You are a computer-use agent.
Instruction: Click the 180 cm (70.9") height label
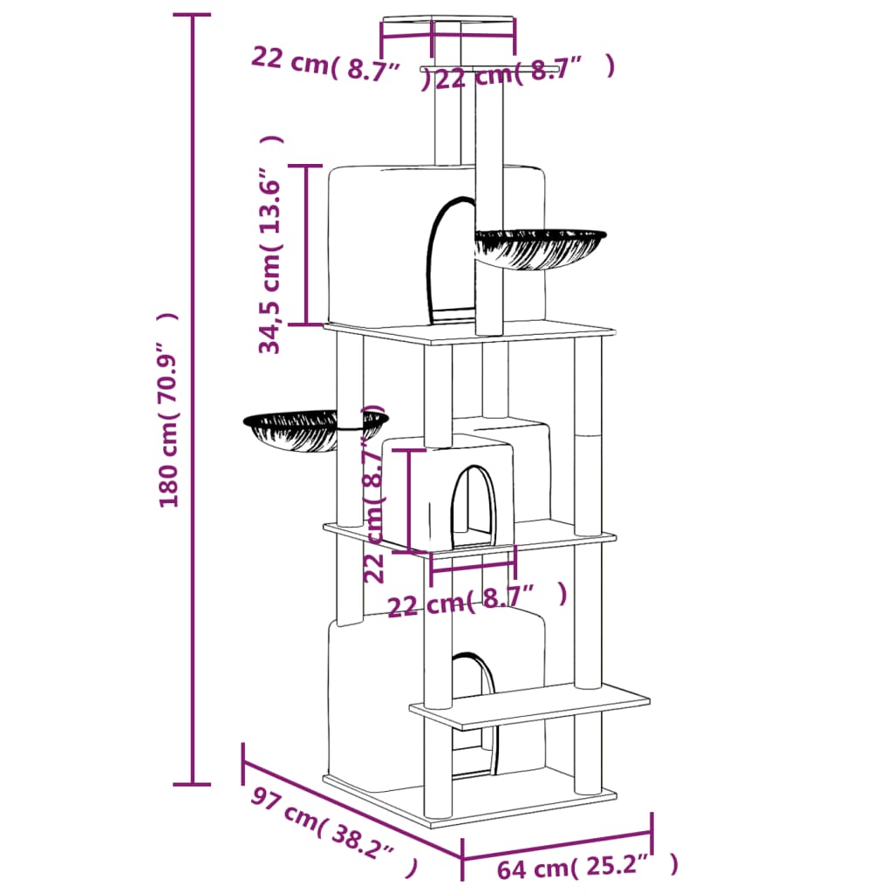[x=168, y=410]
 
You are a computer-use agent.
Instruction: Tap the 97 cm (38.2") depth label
[x=334, y=832]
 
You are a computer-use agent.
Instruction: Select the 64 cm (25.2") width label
[x=587, y=866]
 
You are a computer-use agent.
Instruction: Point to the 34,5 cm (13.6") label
[x=270, y=245]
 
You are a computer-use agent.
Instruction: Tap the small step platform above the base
[x=529, y=706]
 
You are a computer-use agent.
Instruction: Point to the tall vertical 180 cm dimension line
[x=192, y=399]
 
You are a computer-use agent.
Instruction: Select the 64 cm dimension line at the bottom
[x=557, y=846]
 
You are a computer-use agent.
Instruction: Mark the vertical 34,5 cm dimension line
[x=306, y=245]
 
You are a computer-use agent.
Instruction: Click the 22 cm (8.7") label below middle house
[x=477, y=600]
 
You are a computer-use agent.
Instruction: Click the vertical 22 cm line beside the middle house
[x=409, y=501]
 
